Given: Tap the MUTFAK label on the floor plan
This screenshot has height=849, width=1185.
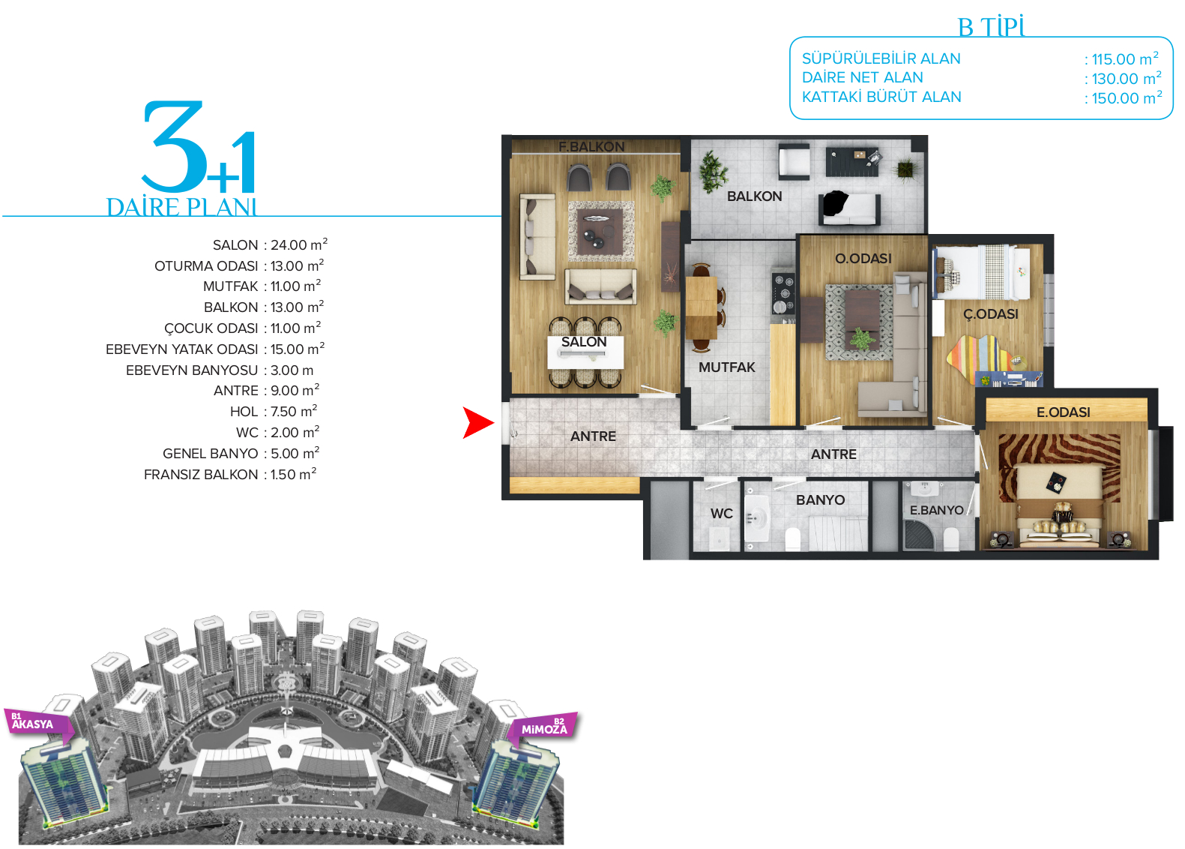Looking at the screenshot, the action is point(727,367).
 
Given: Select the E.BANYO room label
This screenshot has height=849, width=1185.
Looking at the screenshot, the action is point(936,510).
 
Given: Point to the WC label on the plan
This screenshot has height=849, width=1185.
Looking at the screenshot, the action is point(722,514).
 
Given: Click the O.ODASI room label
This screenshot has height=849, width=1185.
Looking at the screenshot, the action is point(863,258).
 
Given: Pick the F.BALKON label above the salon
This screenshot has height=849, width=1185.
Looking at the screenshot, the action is point(591,146).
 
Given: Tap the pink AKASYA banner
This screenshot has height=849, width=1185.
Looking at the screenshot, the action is point(38,724).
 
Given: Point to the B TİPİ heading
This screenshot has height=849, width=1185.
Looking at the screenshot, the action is point(992,26).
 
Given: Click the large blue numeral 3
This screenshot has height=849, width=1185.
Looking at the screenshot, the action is point(175,145).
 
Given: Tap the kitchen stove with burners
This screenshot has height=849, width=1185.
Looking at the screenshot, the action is point(783,293).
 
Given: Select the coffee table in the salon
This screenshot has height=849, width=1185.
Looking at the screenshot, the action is point(600,231).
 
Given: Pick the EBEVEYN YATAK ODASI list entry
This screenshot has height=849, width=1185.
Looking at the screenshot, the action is point(181,349).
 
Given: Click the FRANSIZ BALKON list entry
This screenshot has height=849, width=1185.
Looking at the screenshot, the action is point(200,475).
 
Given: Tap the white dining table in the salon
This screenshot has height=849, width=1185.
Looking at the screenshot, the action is point(585,352).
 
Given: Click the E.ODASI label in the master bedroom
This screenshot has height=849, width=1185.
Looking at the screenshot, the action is point(1064,412).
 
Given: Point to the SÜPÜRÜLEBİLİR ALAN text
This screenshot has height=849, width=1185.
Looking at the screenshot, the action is point(881,58).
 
